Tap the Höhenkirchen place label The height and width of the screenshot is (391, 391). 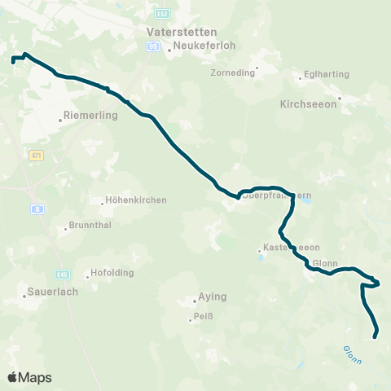[137, 200]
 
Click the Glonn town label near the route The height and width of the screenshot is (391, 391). [325, 263]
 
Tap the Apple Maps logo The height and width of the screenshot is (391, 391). [29, 377]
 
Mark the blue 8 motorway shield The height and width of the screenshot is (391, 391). [37, 209]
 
